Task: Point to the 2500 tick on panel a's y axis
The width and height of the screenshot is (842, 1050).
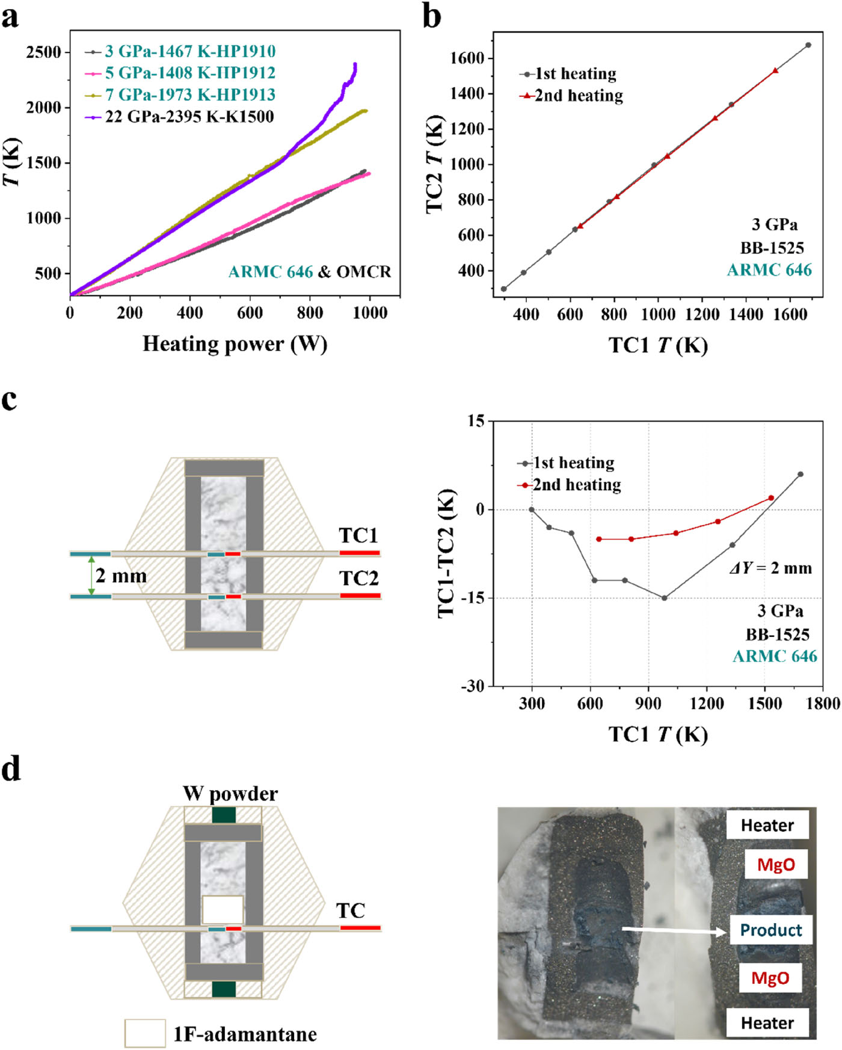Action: coord(44,52)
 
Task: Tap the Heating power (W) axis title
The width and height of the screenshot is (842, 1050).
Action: coord(235,344)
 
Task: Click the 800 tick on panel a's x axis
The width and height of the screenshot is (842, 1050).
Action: coord(310,313)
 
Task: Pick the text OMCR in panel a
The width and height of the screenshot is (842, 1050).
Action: coord(363,272)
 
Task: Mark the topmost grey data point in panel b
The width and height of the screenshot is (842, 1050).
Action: coord(808,45)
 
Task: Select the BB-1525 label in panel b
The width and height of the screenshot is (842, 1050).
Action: coord(772,248)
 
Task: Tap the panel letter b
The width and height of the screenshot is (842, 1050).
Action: coord(432,16)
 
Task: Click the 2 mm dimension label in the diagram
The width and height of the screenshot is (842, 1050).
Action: coord(121,576)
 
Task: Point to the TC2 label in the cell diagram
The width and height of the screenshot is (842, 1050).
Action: coord(359,578)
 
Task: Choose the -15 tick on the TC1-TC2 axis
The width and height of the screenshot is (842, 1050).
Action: coord(473,598)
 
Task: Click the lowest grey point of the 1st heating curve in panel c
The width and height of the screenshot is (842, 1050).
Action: coord(664,598)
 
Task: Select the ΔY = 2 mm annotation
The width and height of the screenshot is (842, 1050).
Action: coord(770,568)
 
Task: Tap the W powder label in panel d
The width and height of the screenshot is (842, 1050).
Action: coord(230,794)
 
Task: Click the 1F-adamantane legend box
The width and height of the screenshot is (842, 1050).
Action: coord(145,1033)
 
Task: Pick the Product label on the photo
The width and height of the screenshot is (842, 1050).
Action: coord(770,930)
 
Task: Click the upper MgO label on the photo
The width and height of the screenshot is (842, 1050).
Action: coord(776,865)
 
